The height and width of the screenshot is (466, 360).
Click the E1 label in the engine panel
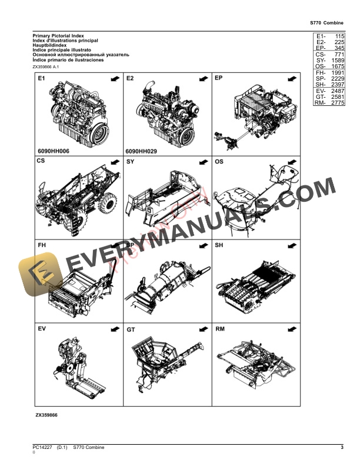tap(42, 79)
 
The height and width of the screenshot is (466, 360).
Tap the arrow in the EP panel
tap(291, 78)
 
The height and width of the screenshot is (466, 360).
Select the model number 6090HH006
tap(54, 151)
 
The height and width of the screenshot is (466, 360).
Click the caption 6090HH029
tap(142, 151)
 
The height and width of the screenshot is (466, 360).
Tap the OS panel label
tap(219, 161)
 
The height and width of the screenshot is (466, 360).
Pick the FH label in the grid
tap(42, 245)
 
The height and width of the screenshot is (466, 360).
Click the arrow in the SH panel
tap(291, 245)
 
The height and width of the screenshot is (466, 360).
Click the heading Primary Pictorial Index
tap(58, 36)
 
